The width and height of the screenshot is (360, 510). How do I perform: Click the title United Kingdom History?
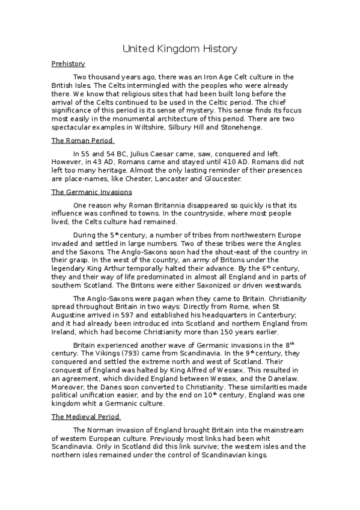click(x=180, y=49)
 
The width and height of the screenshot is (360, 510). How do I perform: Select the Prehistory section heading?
click(x=68, y=64)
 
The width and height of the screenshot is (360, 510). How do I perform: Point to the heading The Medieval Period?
click(x=86, y=416)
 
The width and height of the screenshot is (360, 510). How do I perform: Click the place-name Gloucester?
click(x=222, y=179)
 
